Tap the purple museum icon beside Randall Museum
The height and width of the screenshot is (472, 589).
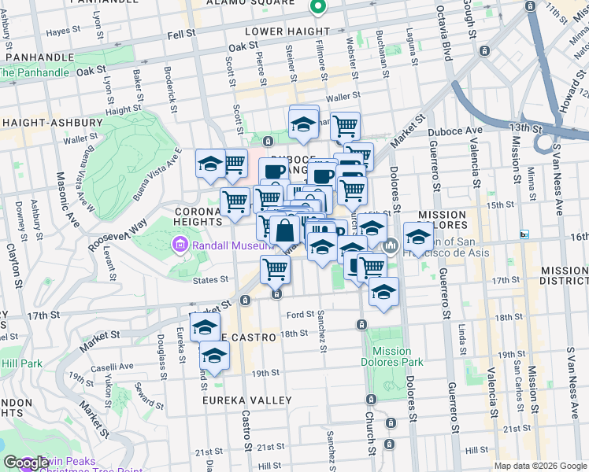[x=179, y=247]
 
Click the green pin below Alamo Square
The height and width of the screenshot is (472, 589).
[x=319, y=7]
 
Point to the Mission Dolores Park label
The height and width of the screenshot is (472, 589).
[x=392, y=356]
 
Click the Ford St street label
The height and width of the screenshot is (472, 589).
[x=302, y=315]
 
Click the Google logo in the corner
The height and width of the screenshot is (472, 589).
[x=25, y=463]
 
